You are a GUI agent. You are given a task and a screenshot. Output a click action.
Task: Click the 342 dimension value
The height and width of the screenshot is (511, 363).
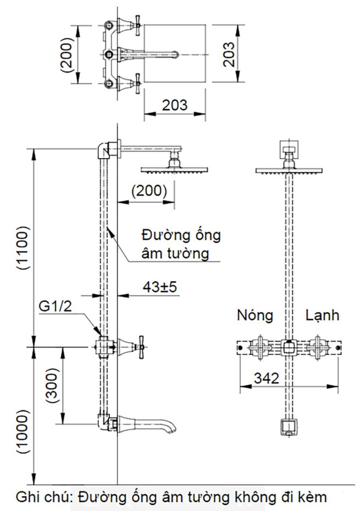pyautogui.click(x=267, y=378)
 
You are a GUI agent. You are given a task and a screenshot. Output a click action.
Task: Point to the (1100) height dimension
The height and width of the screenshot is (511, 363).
pyautogui.click(x=23, y=247)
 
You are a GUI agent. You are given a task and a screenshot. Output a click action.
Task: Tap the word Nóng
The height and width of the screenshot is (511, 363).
pyautogui.click(x=255, y=315)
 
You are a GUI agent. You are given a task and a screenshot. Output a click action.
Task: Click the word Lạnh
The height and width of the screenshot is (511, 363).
pyautogui.click(x=322, y=315)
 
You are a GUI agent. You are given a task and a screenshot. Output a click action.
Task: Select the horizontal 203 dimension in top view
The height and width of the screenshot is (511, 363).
pyautogui.click(x=174, y=104)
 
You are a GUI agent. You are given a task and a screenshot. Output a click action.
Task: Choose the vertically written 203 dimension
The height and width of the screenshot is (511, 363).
pyautogui.click(x=228, y=55)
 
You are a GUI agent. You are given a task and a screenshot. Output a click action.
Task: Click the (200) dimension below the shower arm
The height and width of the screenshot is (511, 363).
pyautogui.click(x=149, y=191)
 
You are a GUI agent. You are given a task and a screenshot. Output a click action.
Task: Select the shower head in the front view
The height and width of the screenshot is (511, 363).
pyautogui.click(x=289, y=170)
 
